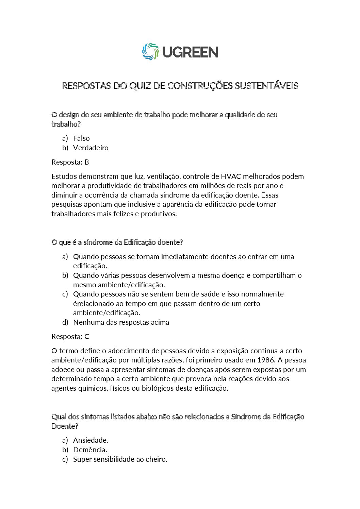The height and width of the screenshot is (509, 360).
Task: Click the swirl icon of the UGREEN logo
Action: coord(150,52)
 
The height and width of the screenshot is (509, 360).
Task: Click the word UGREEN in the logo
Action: coord(190,52)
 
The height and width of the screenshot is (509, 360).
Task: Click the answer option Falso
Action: coord(81,138)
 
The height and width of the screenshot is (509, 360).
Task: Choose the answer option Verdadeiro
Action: coord(91,148)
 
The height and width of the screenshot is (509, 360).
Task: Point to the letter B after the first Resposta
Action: coord(87,162)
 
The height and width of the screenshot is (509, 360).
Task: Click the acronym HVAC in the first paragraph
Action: coord(231,176)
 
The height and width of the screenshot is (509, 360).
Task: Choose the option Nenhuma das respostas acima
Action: coord(121,322)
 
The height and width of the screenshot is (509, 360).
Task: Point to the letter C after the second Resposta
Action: coord(87,337)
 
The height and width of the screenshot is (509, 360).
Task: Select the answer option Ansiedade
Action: coord(91,440)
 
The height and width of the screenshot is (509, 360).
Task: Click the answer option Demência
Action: coord(90,450)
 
